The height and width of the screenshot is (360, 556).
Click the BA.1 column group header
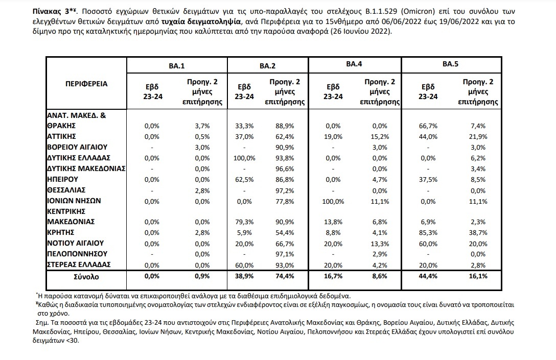(177, 65)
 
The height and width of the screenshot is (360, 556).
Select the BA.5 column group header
(450, 64)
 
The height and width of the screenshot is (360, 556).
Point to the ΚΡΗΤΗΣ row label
(60, 233)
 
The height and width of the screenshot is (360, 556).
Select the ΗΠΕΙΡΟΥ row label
(61, 179)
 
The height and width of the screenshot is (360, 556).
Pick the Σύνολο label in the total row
(85, 277)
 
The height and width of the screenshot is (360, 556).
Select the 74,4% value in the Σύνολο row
(284, 277)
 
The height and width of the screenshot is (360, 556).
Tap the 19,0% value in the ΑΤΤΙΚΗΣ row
(333, 136)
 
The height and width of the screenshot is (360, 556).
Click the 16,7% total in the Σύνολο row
(333, 277)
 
